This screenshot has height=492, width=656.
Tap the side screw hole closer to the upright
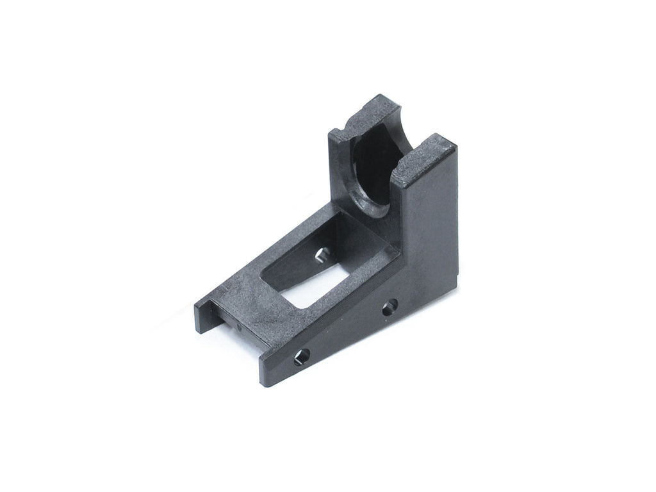[389, 306]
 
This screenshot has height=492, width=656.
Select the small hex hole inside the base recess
[322, 256]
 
